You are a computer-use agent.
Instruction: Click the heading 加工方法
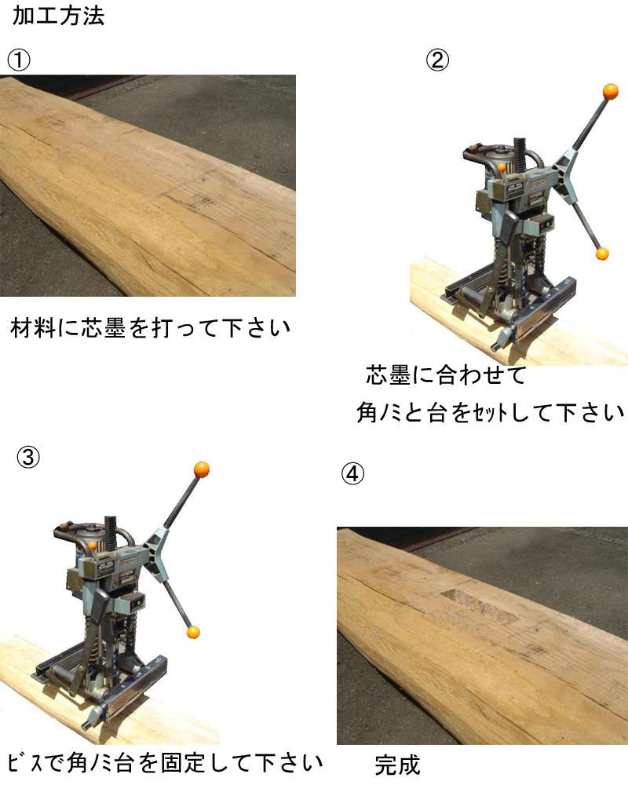pyautogui.click(x=59, y=16)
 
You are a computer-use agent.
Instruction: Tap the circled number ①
pyautogui.click(x=19, y=60)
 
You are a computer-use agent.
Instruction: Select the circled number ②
pyautogui.click(x=437, y=60)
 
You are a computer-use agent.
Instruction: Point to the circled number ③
pyautogui.click(x=28, y=457)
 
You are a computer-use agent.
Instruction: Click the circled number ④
pyautogui.click(x=352, y=473)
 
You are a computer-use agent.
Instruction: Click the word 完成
pyautogui.click(x=398, y=765)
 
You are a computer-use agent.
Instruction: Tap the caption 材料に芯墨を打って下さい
pyautogui.click(x=150, y=328)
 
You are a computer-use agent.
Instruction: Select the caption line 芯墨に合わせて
pyautogui.click(x=446, y=375)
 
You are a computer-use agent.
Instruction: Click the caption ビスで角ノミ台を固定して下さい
pyautogui.click(x=166, y=763)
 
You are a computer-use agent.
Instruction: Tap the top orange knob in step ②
pyautogui.click(x=611, y=92)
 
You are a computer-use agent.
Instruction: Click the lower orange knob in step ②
pyautogui.click(x=602, y=254)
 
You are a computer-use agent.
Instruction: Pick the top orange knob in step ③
pyautogui.click(x=201, y=469)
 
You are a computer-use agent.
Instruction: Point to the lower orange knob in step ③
pyautogui.click(x=193, y=632)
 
